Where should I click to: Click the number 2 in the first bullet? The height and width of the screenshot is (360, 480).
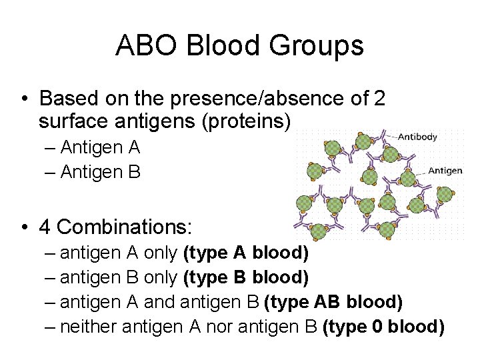379,99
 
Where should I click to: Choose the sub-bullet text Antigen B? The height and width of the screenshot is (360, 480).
100,173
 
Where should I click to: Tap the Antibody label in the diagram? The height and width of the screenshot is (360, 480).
417,137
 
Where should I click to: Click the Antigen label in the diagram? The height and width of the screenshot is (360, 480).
445,171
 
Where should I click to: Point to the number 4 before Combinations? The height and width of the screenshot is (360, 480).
46,227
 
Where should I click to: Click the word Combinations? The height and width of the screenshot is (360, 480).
125,227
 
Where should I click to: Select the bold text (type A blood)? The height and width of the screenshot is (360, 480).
245,254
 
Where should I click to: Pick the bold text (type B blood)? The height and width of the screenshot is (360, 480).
245,277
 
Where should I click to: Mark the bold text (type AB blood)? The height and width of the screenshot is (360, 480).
333,302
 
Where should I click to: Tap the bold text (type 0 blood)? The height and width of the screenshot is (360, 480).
383,326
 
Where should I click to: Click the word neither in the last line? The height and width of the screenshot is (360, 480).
90,326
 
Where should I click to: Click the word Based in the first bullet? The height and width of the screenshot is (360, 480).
66,99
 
